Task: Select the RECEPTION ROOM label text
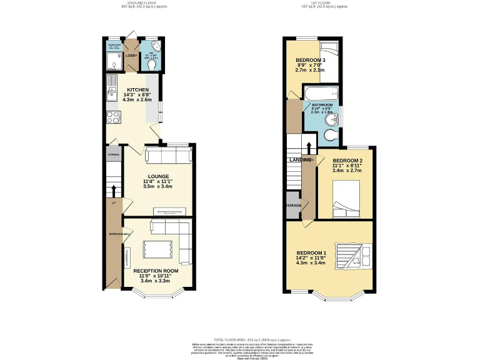click(156, 271)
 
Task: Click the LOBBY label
click(131, 56)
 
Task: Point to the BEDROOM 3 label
click(311, 61)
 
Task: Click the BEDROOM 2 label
click(347, 161)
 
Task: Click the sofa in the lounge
click(167, 155)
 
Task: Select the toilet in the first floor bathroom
click(331, 135)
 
